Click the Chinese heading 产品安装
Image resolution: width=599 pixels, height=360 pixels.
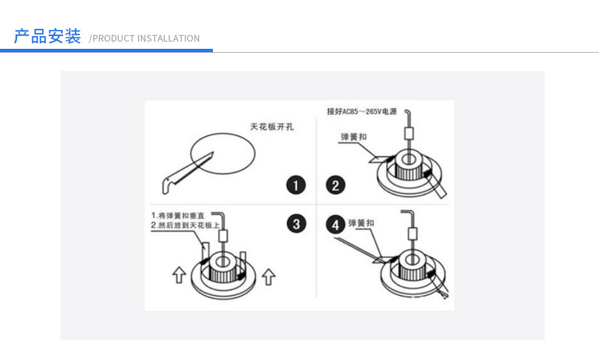point(47,37)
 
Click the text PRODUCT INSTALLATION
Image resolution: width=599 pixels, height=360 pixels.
point(145,38)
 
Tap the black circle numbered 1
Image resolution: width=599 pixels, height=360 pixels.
point(296,185)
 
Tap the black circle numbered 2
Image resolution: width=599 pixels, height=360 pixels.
point(335,185)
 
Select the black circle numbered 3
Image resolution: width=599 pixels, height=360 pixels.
point(296,224)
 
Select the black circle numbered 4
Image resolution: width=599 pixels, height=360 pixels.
point(335,225)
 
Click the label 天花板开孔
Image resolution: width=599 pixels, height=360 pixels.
point(272,127)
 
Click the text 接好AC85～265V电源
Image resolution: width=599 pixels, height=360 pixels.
point(362,111)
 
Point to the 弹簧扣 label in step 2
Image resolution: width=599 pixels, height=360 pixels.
point(353,136)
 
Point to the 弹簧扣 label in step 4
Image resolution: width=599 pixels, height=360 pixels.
point(361,223)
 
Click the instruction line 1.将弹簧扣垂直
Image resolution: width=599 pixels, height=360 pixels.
point(181,215)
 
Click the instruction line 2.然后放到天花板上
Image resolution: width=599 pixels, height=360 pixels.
point(185,225)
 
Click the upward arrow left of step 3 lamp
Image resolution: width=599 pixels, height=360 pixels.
point(178,275)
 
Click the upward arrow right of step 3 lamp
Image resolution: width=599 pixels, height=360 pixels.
point(268,275)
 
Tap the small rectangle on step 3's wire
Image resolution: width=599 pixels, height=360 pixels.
point(223,235)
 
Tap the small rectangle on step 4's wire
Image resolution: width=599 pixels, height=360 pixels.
point(411,233)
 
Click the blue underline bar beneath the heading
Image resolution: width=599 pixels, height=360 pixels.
point(106,50)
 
